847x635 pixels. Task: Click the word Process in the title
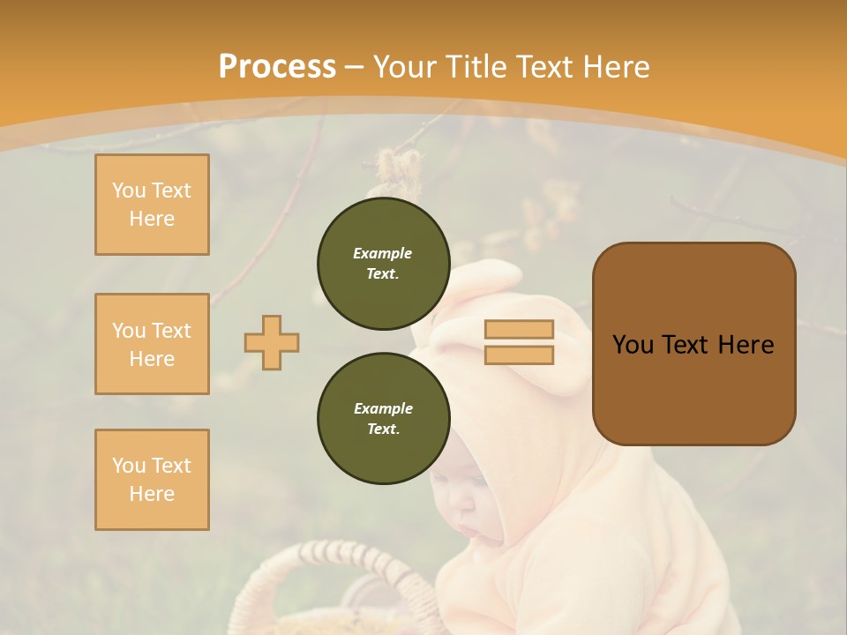coord(277,66)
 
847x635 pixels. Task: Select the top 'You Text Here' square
coord(152,205)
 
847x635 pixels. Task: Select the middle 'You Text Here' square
coord(152,344)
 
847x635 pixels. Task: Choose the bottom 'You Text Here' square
coord(152,480)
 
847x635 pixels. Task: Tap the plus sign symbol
coord(272,342)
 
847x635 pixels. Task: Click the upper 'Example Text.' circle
coord(383,264)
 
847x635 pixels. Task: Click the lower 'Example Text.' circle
coord(383,419)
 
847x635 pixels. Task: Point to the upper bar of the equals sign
coord(519,330)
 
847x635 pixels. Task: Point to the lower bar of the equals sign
coord(519,355)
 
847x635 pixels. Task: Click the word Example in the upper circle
coord(383,253)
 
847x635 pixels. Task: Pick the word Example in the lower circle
coord(383,408)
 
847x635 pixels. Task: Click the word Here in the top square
coord(152,219)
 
